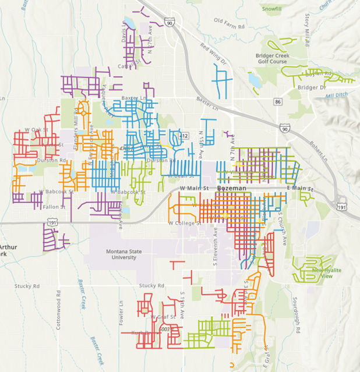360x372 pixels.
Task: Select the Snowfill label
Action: pos(271,9)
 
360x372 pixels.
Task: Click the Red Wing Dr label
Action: pos(211,54)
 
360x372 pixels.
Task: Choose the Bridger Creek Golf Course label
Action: pos(271,58)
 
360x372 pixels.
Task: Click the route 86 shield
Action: pos(278,102)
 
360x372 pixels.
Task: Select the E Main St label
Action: pos(300,189)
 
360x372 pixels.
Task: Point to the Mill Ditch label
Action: pos(336,95)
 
